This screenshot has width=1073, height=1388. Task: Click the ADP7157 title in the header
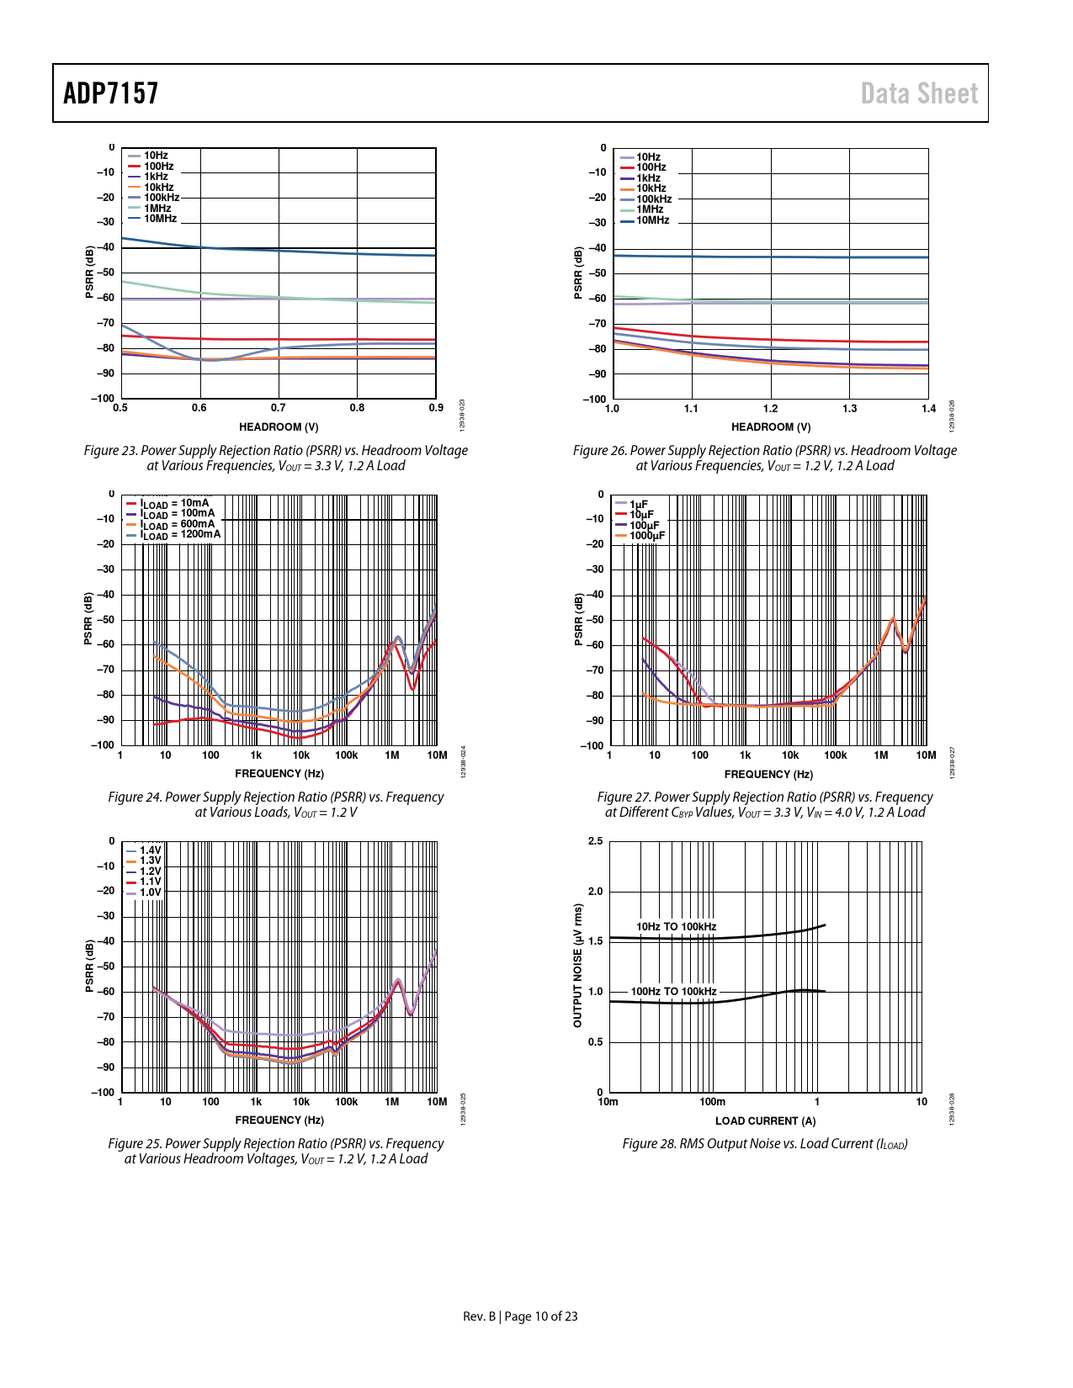[x=111, y=93]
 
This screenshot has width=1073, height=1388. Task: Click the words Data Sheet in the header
[x=919, y=93]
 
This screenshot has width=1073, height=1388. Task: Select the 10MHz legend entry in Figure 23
[x=160, y=219]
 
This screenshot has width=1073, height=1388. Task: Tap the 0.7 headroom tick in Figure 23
[x=279, y=408]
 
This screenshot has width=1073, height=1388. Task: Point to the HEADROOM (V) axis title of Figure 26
[x=770, y=427]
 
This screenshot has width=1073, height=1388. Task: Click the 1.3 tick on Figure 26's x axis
[x=849, y=409]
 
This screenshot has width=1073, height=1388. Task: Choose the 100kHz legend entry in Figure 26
[x=654, y=199]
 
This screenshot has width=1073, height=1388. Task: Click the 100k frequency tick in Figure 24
[x=347, y=755]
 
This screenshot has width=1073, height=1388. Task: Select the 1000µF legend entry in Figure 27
[x=646, y=536]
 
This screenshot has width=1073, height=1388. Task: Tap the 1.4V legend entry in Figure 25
[x=150, y=850]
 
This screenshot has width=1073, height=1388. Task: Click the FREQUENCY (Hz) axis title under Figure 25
[x=279, y=1120]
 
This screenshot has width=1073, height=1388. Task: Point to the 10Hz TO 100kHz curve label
[x=676, y=927]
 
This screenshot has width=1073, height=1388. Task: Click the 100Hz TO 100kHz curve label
[x=673, y=992]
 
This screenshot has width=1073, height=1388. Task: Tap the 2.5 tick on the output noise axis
[x=595, y=841]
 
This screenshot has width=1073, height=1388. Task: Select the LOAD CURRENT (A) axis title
[x=765, y=1121]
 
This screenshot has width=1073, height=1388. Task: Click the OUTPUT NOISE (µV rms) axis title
[x=578, y=966]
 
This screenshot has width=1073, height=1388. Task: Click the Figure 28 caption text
[x=765, y=1144]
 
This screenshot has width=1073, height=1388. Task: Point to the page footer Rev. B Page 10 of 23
[x=520, y=1316]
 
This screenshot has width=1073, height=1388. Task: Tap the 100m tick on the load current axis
[x=713, y=1102]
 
